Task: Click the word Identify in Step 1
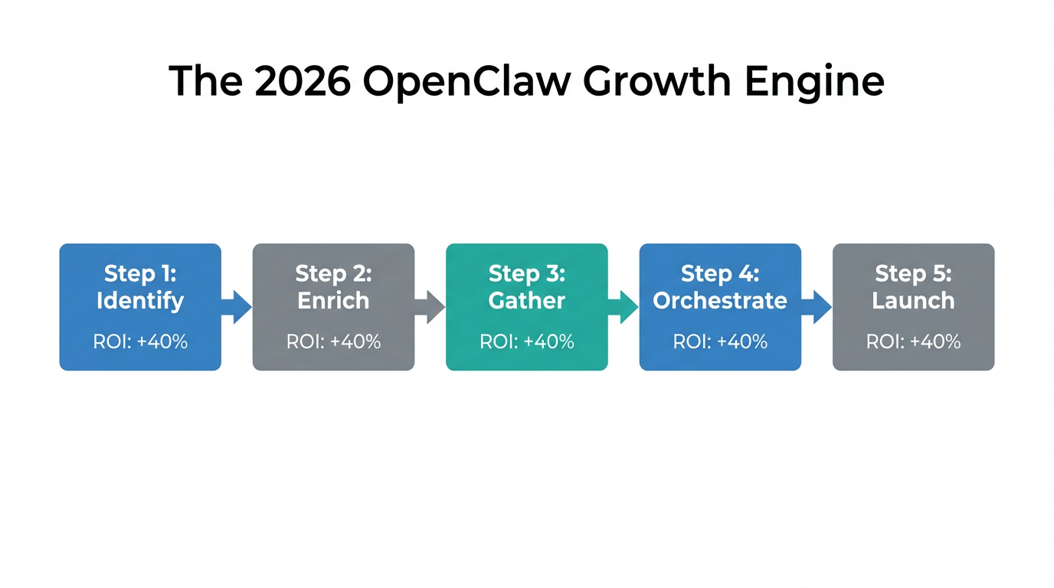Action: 140,301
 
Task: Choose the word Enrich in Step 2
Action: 333,301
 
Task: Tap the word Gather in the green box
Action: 527,301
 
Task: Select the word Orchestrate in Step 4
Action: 720,301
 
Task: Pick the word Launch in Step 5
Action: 913,301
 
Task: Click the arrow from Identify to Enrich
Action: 237,307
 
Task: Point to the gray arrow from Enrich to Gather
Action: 430,307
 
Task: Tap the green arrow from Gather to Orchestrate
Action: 624,307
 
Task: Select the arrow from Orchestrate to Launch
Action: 817,307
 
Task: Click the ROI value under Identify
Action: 140,341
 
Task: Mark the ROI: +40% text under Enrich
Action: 333,341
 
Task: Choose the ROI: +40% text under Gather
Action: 527,341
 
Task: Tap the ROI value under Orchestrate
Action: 720,341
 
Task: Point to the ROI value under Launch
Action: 913,341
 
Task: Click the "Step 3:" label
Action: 527,273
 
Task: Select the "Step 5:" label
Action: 913,273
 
